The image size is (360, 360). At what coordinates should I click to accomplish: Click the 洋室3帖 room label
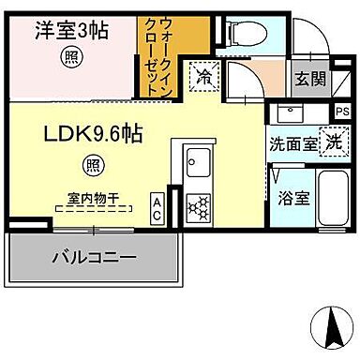point(71,30)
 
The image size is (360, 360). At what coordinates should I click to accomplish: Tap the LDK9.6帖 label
point(91,135)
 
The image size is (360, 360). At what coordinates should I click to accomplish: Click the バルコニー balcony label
point(94,257)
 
